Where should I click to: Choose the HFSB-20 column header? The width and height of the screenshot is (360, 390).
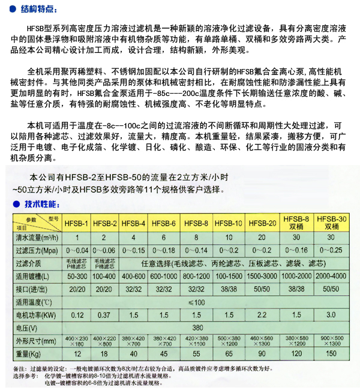pyautogui.click(x=262, y=224)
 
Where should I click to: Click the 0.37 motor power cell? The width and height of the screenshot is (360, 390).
pyautogui.click(x=105, y=314)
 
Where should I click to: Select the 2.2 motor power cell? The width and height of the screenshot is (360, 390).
pyautogui.click(x=262, y=314)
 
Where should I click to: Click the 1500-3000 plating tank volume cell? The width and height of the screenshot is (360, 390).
pyautogui.click(x=262, y=275)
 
